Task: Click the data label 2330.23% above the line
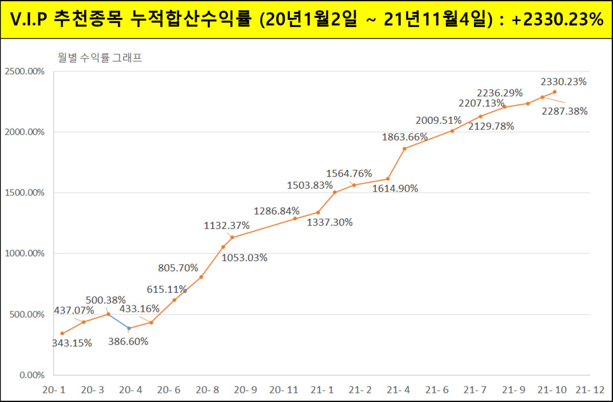(x=563, y=82)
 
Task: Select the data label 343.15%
(x=72, y=343)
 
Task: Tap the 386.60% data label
(x=128, y=342)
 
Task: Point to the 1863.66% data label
(x=405, y=137)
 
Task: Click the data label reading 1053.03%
(x=244, y=258)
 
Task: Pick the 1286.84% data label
(x=277, y=211)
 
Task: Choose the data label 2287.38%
(x=564, y=111)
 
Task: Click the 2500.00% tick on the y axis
(x=24, y=72)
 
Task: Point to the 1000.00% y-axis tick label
(x=24, y=253)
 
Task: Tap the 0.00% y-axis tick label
(x=32, y=375)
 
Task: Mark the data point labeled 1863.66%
(x=405, y=149)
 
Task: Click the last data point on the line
(x=555, y=92)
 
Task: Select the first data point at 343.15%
(x=62, y=334)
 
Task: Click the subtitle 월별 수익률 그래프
(x=100, y=58)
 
